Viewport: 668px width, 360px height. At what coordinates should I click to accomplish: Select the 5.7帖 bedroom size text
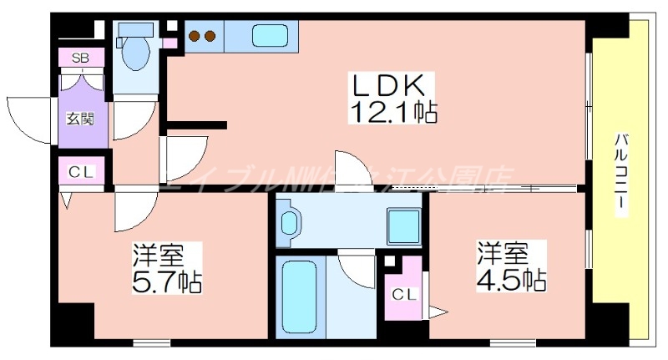coord(168,280)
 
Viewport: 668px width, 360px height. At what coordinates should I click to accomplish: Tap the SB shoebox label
coord(81,58)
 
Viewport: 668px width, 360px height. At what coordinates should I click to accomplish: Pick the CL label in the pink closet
coord(403,293)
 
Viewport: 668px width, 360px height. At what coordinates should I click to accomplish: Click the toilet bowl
coord(134,54)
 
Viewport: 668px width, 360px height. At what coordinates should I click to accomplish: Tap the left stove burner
coord(195,36)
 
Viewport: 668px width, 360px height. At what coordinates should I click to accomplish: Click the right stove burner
coord(210,36)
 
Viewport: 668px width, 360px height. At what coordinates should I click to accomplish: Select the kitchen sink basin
coord(270,36)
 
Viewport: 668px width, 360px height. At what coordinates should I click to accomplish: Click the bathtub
coord(298,296)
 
